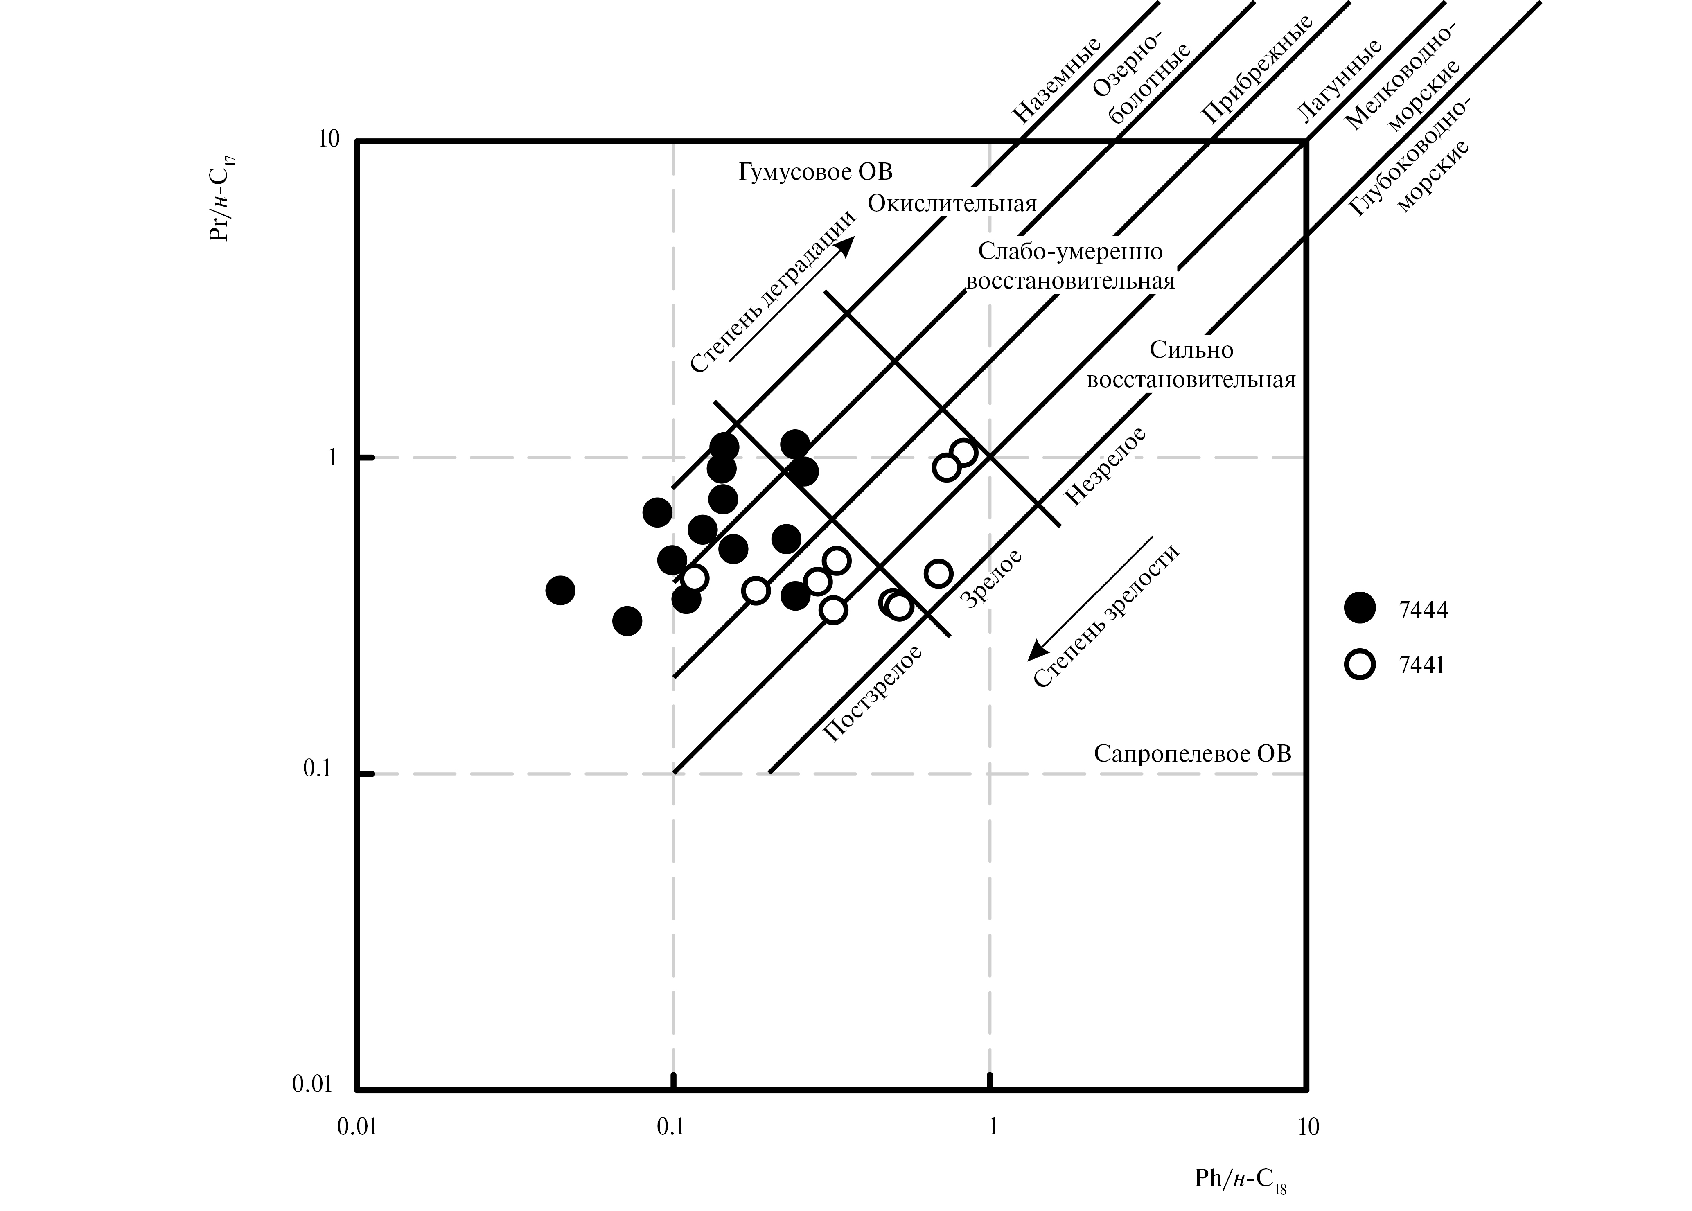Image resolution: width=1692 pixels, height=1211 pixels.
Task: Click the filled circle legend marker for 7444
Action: click(x=1360, y=608)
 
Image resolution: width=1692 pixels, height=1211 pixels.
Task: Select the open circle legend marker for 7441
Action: click(x=1360, y=664)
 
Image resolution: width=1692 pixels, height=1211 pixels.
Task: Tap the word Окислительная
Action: click(x=952, y=203)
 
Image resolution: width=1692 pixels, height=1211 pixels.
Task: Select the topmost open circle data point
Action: click(x=963, y=452)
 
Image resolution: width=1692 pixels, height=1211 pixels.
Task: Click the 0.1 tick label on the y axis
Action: click(x=317, y=768)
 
